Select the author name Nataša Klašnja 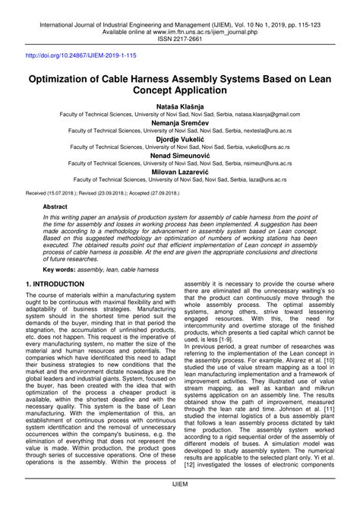click(180, 110)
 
